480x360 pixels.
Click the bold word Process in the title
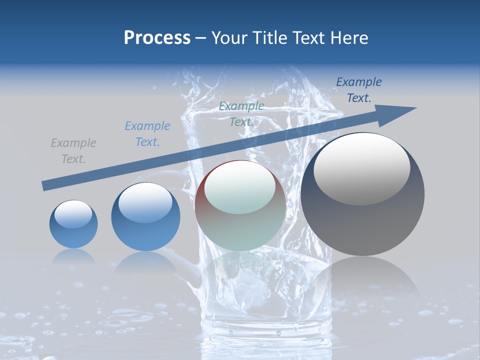[x=157, y=38]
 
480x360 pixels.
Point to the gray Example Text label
[x=73, y=151]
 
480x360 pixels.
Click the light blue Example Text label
[x=147, y=134]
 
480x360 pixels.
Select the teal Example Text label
[x=241, y=114]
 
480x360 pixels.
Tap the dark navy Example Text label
[x=358, y=90]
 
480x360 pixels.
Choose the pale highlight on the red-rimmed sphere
[x=239, y=187]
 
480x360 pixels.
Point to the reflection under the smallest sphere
[x=73, y=256]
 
